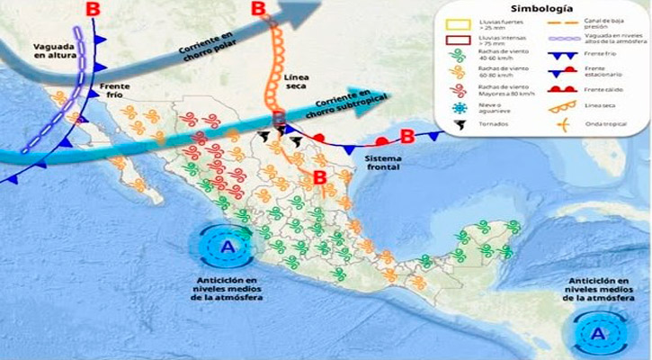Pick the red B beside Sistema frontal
coord(406,137)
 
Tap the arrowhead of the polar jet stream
coord(310,12)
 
